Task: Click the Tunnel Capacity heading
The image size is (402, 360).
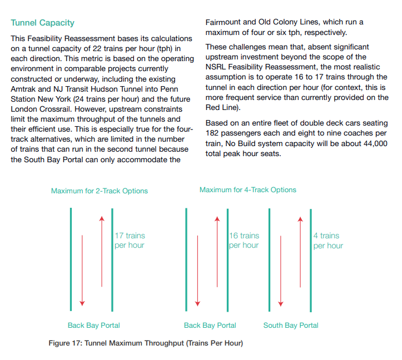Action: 43,23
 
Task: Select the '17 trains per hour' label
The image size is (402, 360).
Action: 130,241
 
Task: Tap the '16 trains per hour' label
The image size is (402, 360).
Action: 244,241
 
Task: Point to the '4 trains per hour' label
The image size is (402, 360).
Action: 328,241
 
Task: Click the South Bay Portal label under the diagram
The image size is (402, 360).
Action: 291,325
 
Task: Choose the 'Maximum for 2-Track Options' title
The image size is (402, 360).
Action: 100,191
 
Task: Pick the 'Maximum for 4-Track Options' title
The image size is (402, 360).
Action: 248,189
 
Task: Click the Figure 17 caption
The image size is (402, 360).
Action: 146,343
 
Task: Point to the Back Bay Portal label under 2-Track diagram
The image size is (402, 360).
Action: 94,325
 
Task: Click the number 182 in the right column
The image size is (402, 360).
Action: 214,133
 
